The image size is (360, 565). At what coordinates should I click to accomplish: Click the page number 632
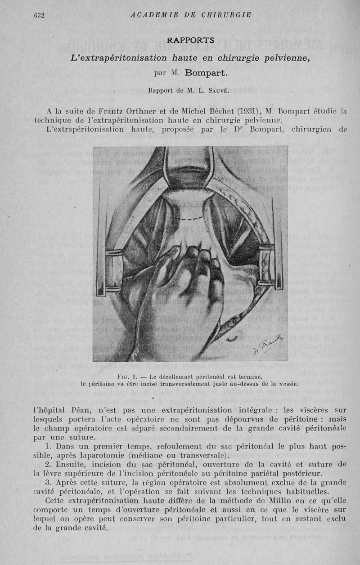38,15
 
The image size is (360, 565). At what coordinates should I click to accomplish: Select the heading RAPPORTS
190,40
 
